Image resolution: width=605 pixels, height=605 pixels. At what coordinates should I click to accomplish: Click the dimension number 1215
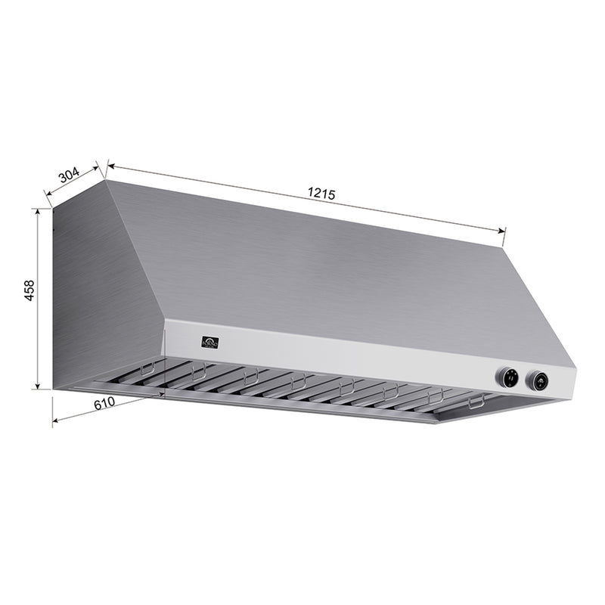point(321,194)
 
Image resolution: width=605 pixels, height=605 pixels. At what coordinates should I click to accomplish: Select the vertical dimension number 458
point(29,291)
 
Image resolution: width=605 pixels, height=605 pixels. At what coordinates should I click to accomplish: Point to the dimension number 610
point(104,403)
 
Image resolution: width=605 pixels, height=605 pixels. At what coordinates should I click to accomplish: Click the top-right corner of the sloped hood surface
point(502,246)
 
